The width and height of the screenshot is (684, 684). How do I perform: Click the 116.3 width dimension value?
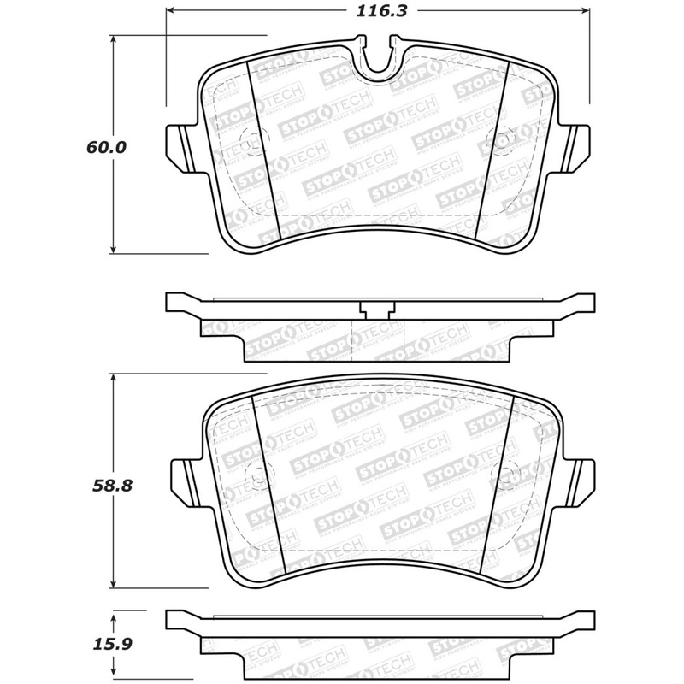pos(376,13)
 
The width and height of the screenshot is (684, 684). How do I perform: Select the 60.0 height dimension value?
pos(106,147)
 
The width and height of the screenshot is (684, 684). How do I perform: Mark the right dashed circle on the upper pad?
pos(501,139)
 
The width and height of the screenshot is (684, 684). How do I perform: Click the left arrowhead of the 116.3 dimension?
pos(169,13)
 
